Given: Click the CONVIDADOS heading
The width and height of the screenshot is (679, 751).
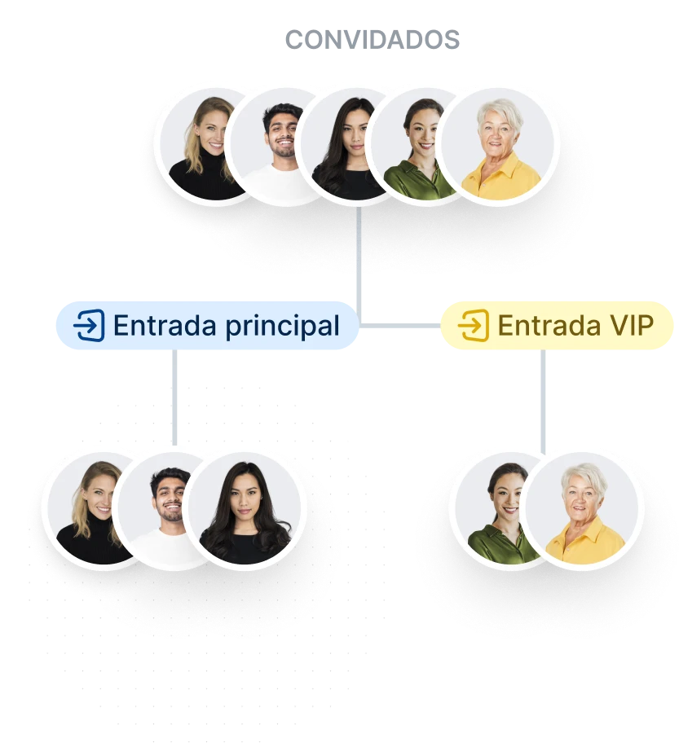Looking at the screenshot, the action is (373, 40).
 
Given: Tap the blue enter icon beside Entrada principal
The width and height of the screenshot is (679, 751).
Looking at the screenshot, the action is (89, 325).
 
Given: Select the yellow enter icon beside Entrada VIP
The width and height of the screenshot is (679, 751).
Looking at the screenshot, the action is (474, 325).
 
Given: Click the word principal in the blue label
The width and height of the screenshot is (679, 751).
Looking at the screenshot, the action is (282, 327).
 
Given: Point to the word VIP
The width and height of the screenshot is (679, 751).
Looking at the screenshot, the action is (632, 326).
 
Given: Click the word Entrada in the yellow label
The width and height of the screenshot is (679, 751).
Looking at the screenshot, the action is (549, 326).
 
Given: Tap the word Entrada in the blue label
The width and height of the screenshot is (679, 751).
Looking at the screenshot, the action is (165, 326).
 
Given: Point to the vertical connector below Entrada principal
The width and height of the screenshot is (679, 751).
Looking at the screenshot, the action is (174, 397).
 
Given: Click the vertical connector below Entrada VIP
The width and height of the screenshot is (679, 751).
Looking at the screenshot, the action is (543, 402).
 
